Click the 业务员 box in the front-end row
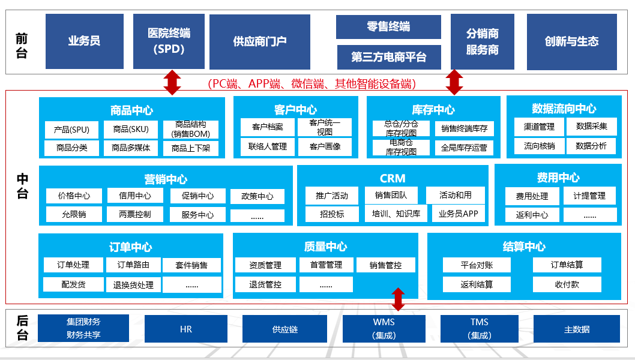tap(84, 41)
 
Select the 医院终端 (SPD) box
tap(169, 41)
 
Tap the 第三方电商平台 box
tap(388, 57)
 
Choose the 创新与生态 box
tap(571, 41)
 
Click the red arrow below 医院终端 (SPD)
tap(172, 82)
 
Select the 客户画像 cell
tap(325, 146)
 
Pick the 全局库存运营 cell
tap(464, 148)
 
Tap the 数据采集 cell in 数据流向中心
tap(591, 127)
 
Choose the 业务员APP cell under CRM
tap(458, 214)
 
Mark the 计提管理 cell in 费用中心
tap(589, 196)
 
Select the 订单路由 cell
tap(133, 265)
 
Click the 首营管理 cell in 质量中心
tap(326, 265)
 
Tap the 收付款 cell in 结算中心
tap(567, 284)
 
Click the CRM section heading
tap(393, 178)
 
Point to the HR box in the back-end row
tap(185, 329)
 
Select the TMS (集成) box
tap(479, 329)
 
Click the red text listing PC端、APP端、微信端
tap(311, 83)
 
